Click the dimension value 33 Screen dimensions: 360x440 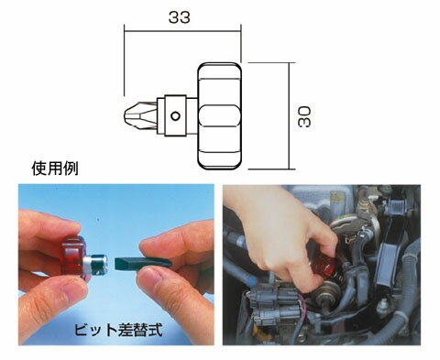click(182, 16)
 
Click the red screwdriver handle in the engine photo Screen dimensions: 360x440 click(328, 265)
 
